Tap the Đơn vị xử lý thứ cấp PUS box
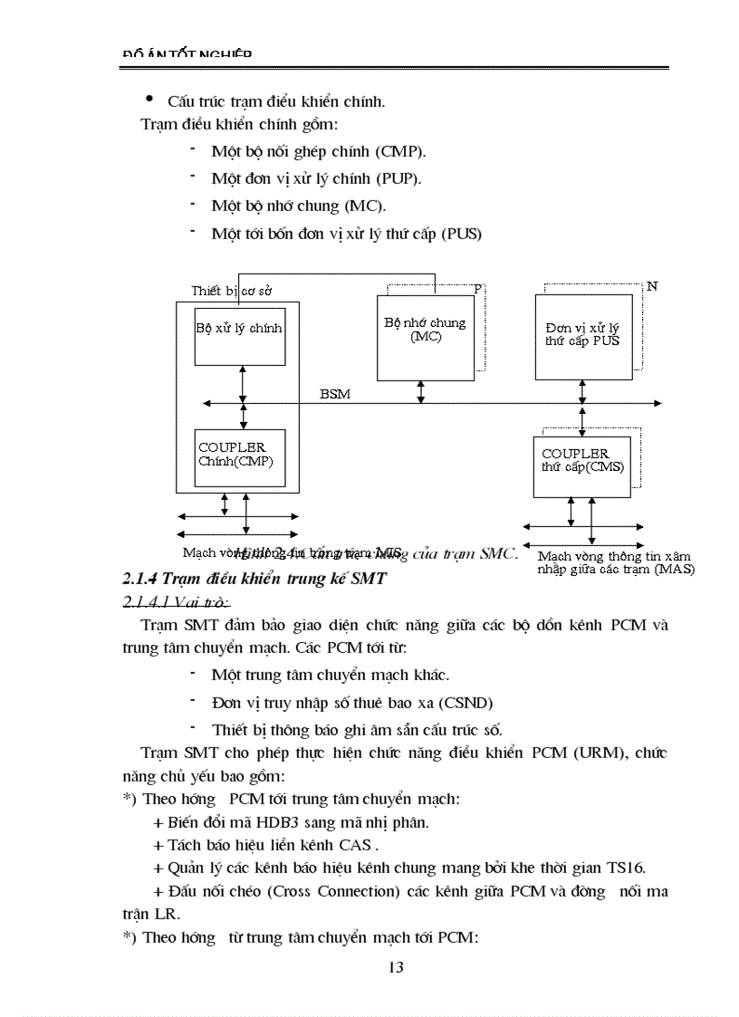coord(581,334)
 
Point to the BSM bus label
coord(334,395)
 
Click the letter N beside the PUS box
coord(651,286)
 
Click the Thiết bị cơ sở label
coord(232,291)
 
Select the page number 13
coord(396,967)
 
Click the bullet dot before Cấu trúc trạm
coord(149,99)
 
